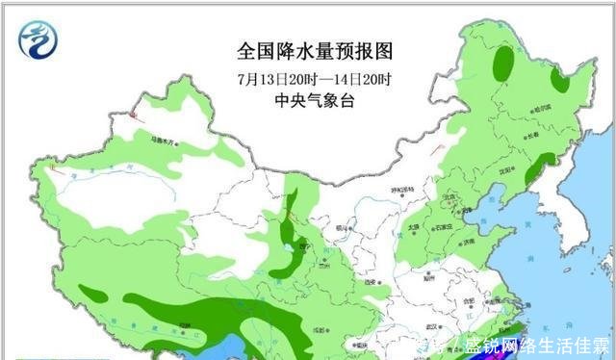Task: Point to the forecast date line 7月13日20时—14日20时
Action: click(x=315, y=77)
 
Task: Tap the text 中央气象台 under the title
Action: click(x=315, y=100)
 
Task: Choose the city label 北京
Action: click(x=448, y=198)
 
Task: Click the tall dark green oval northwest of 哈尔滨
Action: click(x=502, y=64)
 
